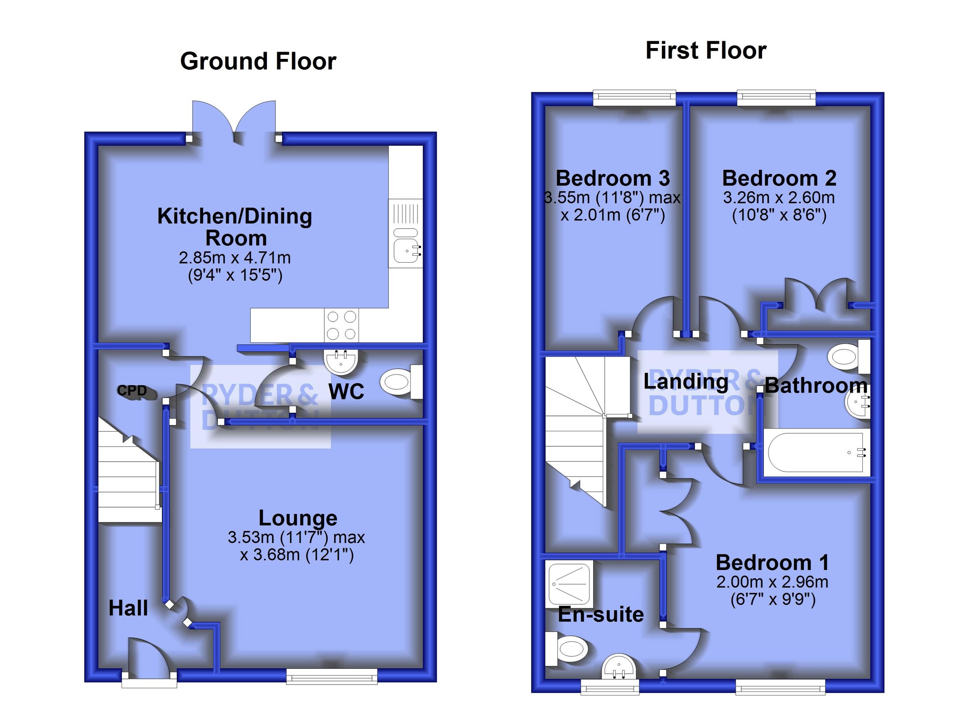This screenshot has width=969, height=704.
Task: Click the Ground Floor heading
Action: point(258,61)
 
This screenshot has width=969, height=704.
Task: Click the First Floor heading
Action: point(706,50)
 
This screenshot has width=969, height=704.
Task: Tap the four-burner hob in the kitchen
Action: point(342,325)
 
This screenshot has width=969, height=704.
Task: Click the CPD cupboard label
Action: point(132,390)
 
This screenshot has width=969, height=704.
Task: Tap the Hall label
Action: point(128,608)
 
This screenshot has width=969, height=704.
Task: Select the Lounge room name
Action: point(298,518)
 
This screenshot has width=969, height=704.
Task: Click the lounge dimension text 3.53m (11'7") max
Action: point(296,537)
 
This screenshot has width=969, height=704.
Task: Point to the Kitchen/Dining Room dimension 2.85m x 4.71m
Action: point(235,257)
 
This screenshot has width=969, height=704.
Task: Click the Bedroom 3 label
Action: point(612,178)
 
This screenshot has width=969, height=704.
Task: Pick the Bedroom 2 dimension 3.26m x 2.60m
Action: point(778,198)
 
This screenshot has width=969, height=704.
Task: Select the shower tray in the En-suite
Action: point(568,585)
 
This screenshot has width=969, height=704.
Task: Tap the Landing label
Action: point(686,381)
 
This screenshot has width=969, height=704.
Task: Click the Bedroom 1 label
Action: point(772,562)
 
